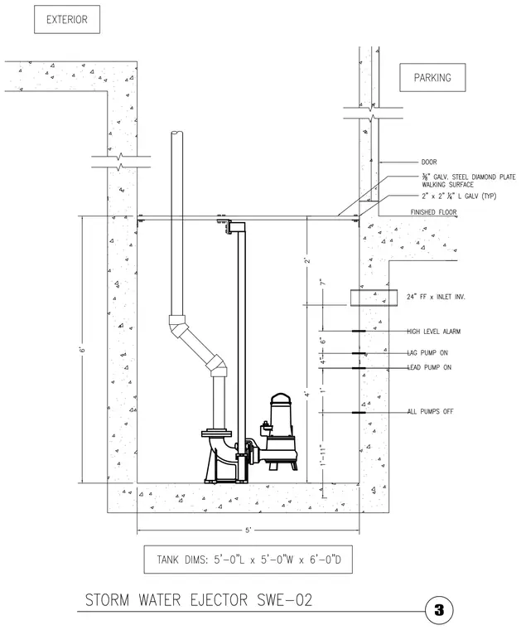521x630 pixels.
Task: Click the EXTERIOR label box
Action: (x=67, y=19)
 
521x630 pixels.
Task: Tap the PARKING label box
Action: (x=432, y=78)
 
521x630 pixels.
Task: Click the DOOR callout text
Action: (x=429, y=162)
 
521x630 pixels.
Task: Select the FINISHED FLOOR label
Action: (x=433, y=212)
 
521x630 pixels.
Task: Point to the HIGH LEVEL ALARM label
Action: (x=433, y=332)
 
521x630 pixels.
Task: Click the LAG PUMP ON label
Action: (x=427, y=353)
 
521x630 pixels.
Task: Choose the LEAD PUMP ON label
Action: (x=430, y=367)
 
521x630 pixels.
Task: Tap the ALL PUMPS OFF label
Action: (x=430, y=411)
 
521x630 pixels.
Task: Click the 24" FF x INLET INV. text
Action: (x=436, y=297)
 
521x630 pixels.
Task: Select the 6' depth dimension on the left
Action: (x=82, y=349)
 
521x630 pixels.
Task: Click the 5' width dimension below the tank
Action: (x=248, y=531)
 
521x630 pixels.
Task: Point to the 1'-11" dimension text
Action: (x=322, y=455)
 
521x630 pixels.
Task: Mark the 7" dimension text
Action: (x=322, y=282)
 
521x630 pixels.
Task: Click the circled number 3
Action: (x=439, y=610)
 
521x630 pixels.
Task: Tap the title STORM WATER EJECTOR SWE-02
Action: (x=199, y=600)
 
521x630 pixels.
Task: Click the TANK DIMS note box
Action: (x=248, y=560)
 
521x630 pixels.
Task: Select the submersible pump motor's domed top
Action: (x=283, y=398)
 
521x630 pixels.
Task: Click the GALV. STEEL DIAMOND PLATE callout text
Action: (x=469, y=181)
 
